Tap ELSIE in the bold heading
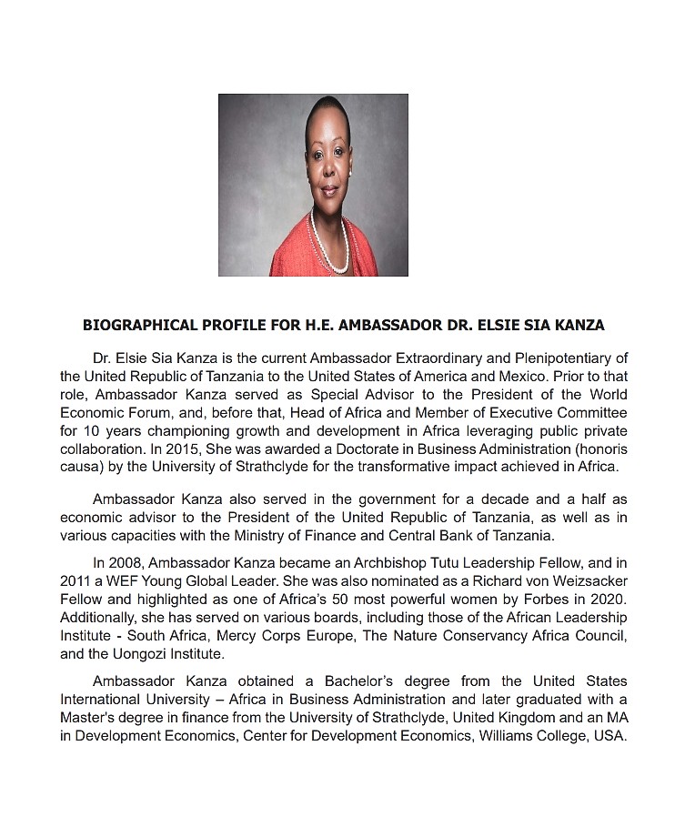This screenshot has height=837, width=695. (500, 325)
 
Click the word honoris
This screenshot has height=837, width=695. (602, 449)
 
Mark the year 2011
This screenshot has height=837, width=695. (76, 580)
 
